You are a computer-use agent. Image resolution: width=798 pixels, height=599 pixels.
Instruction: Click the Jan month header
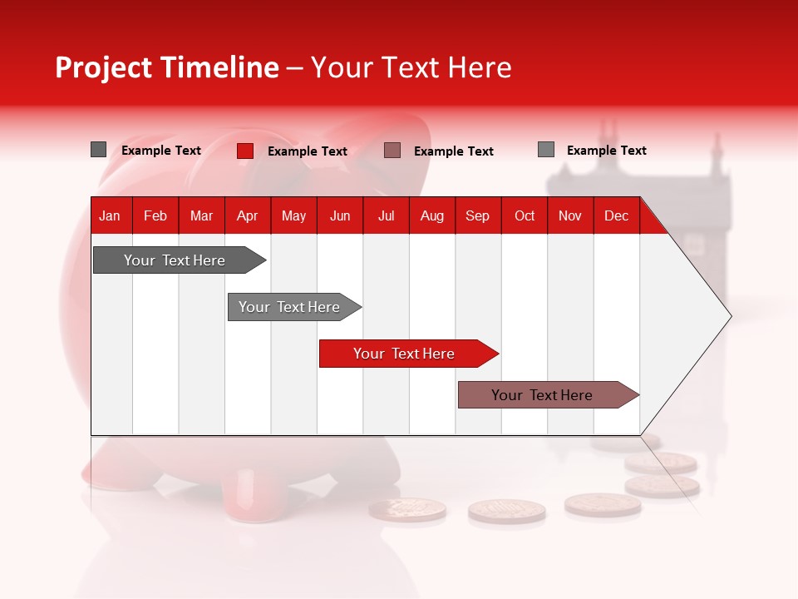110,216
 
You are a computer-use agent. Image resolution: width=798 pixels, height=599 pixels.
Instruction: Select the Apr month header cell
247,216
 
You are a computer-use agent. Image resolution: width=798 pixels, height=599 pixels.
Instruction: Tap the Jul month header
386,216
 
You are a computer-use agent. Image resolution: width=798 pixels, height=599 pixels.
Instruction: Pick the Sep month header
477,216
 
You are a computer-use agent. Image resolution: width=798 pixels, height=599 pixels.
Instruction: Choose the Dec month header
616,216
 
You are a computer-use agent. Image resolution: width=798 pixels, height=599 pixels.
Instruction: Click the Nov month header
569,216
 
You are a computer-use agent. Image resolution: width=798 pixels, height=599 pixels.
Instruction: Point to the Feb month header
155,216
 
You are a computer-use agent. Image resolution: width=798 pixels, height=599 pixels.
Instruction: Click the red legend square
244,151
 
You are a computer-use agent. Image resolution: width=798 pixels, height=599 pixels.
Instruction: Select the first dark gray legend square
98,150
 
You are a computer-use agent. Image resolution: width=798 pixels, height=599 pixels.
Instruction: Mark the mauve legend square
392,151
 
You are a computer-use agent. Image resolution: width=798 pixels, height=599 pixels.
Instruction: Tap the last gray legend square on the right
545,150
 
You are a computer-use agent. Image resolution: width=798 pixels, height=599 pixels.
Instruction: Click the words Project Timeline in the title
166,67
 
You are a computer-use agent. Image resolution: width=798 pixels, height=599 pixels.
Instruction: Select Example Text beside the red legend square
307,151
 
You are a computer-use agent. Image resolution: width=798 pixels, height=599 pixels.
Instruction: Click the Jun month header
340,216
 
